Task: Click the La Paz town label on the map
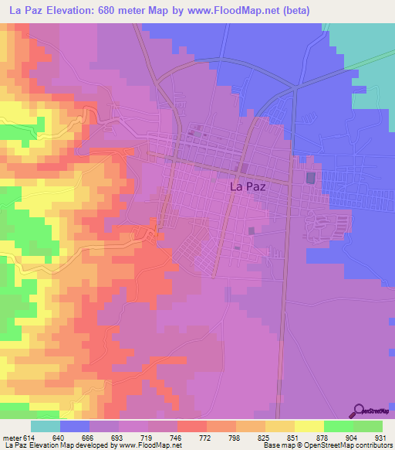[249, 186]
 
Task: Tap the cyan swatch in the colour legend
[46, 426]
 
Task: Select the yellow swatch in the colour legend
[309, 426]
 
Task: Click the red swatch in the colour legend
[191, 426]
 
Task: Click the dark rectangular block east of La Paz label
[311, 178]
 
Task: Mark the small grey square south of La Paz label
[251, 230]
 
